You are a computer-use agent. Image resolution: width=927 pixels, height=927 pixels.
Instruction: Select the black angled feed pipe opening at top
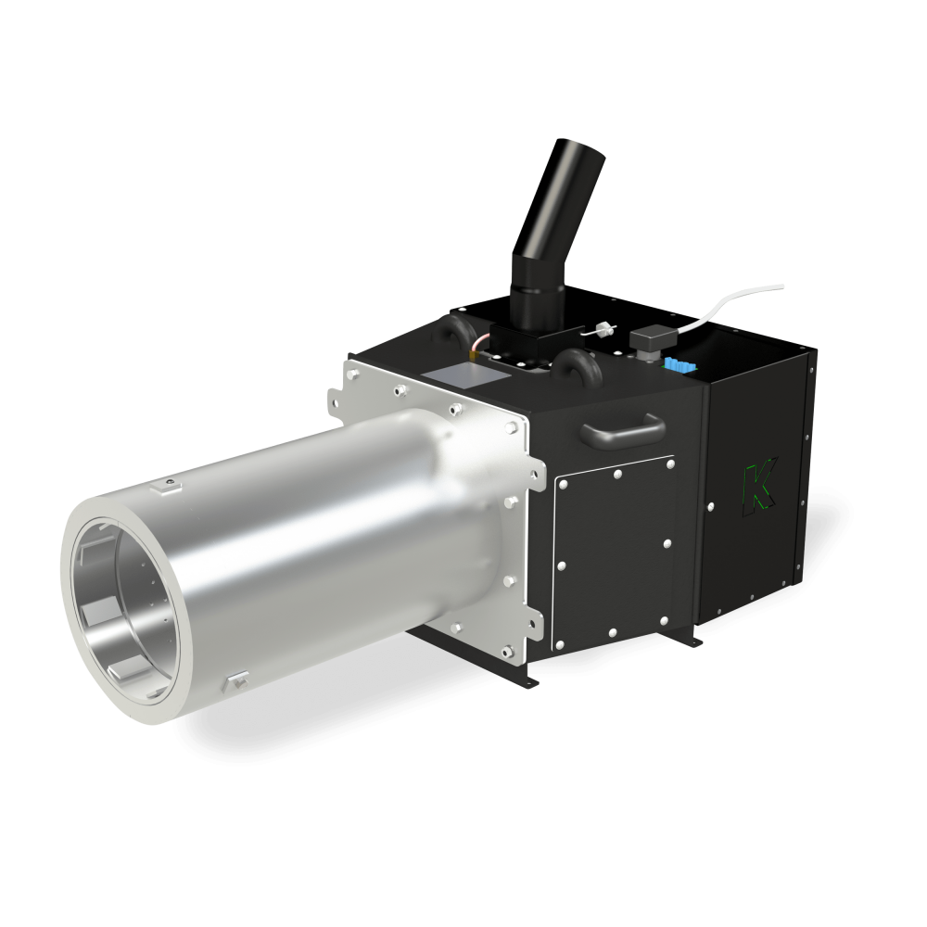(x=568, y=151)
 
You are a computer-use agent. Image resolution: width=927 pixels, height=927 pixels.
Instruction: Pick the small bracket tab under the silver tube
(x=233, y=682)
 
